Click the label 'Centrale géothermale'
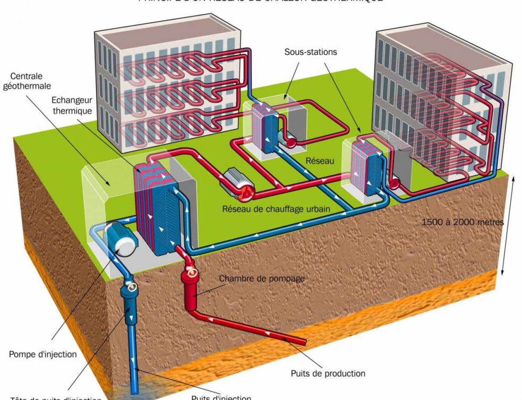tap(27, 81)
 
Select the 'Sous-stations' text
tap(311, 52)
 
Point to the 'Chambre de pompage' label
tap(261, 278)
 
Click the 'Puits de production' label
tap(328, 373)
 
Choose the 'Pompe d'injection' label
tap(43, 354)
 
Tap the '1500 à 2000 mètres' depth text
tap(462, 222)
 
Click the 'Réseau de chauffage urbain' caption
tap(276, 209)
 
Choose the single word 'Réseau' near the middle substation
tap(320, 161)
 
